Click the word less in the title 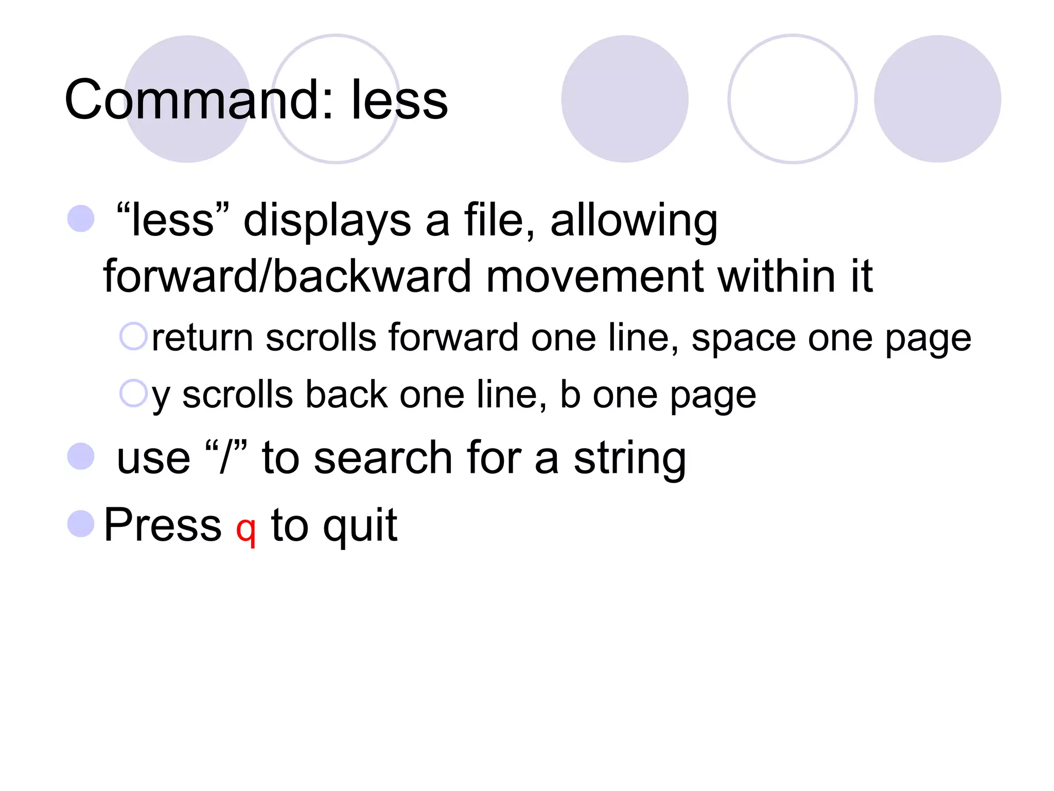click(399, 100)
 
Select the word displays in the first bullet click(327, 221)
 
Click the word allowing click(634, 221)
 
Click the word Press click(163, 525)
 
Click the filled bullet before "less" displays click(81, 219)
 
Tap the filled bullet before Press click(81, 524)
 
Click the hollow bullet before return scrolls click(133, 336)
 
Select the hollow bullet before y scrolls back click(133, 393)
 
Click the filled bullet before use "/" click(81, 457)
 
